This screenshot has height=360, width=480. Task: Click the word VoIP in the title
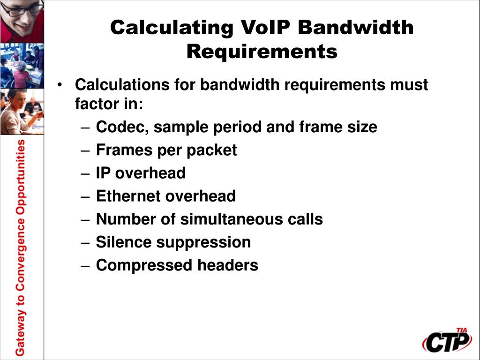point(265,28)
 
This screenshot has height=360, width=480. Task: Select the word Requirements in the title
point(262,51)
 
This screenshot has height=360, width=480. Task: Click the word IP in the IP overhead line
point(103,173)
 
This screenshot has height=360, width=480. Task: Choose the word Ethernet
point(125,196)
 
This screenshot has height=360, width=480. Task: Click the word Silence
point(124,242)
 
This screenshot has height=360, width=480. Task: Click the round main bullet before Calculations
point(60,85)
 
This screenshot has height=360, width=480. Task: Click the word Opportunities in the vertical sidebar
point(20,178)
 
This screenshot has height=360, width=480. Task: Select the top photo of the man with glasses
point(22,21)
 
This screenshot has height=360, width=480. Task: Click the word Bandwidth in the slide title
point(356,28)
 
